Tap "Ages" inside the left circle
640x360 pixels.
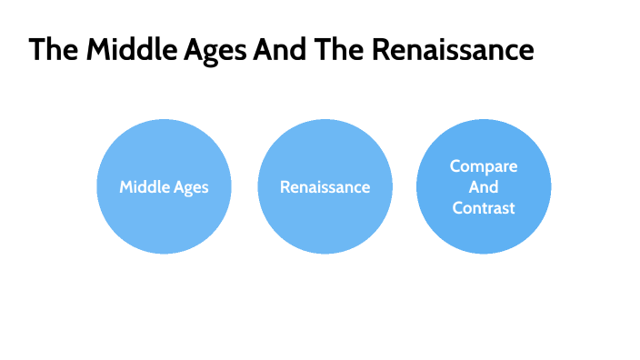[190, 188]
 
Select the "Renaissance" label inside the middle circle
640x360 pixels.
[325, 187]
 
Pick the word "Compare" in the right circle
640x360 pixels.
[484, 167]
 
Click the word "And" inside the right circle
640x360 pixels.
[484, 187]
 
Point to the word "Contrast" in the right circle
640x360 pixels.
[484, 208]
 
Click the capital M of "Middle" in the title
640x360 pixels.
[97, 50]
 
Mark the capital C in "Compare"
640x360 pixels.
[455, 167]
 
